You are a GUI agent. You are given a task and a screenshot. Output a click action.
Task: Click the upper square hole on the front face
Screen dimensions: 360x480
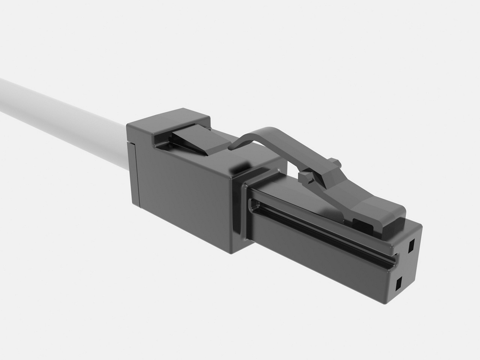[x=411, y=245]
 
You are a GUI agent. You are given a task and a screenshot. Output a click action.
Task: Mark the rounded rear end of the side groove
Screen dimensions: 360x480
[x=255, y=204]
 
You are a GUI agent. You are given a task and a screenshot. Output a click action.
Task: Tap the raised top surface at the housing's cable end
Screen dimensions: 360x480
[x=169, y=120]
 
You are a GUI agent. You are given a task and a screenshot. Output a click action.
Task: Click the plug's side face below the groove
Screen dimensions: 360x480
[x=319, y=262]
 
